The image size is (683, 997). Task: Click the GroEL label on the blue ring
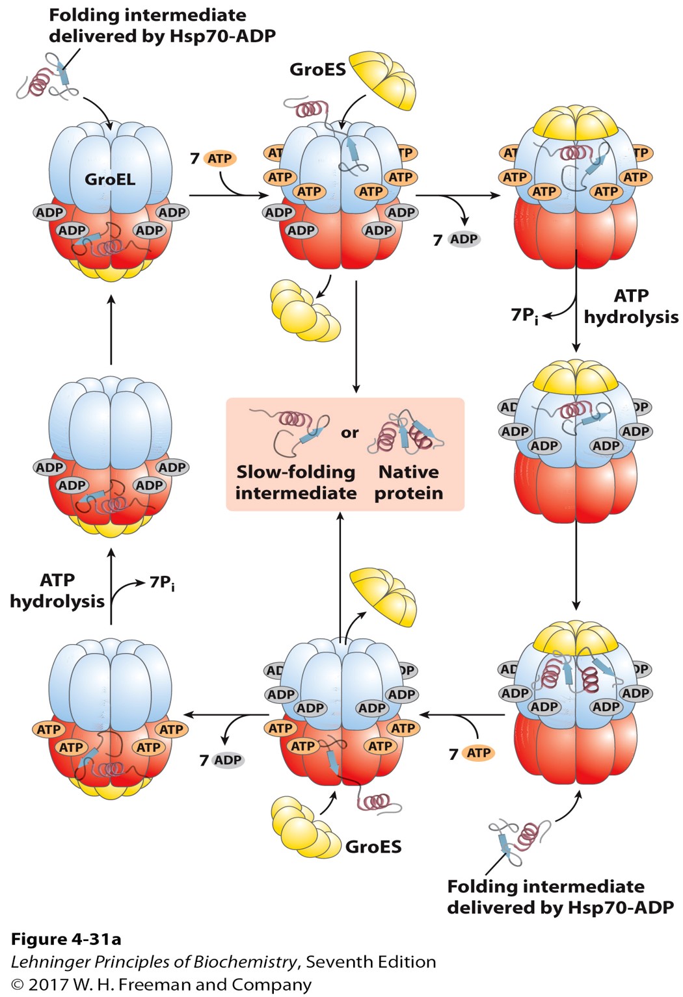pyautogui.click(x=110, y=179)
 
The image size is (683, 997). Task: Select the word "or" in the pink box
pyautogui.click(x=350, y=433)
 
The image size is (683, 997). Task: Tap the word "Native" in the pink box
pyautogui.click(x=408, y=472)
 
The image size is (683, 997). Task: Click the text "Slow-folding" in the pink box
pyautogui.click(x=296, y=472)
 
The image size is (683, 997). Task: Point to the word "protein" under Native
pyautogui.click(x=408, y=493)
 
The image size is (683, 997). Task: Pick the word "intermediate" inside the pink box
pyautogui.click(x=296, y=493)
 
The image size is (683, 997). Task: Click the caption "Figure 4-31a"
pyautogui.click(x=66, y=939)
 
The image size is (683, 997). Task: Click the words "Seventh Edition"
pyautogui.click(x=371, y=962)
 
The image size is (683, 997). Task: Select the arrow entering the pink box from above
pyautogui.click(x=356, y=338)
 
